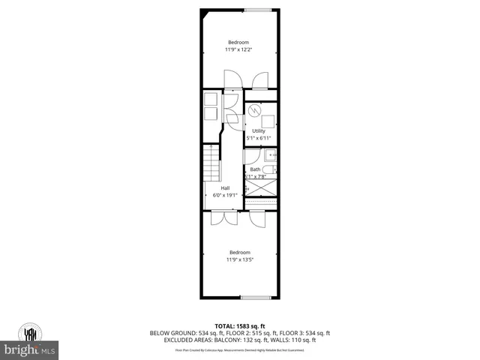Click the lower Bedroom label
tap(239, 252)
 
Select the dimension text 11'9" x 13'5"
tap(239, 259)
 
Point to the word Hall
tap(225, 187)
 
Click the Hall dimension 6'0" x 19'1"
tap(225, 195)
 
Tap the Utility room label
tap(259, 131)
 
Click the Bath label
tap(255, 169)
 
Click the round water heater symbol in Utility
tap(253, 110)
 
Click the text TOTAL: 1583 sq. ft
tap(239, 325)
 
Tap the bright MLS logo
tap(30, 349)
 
